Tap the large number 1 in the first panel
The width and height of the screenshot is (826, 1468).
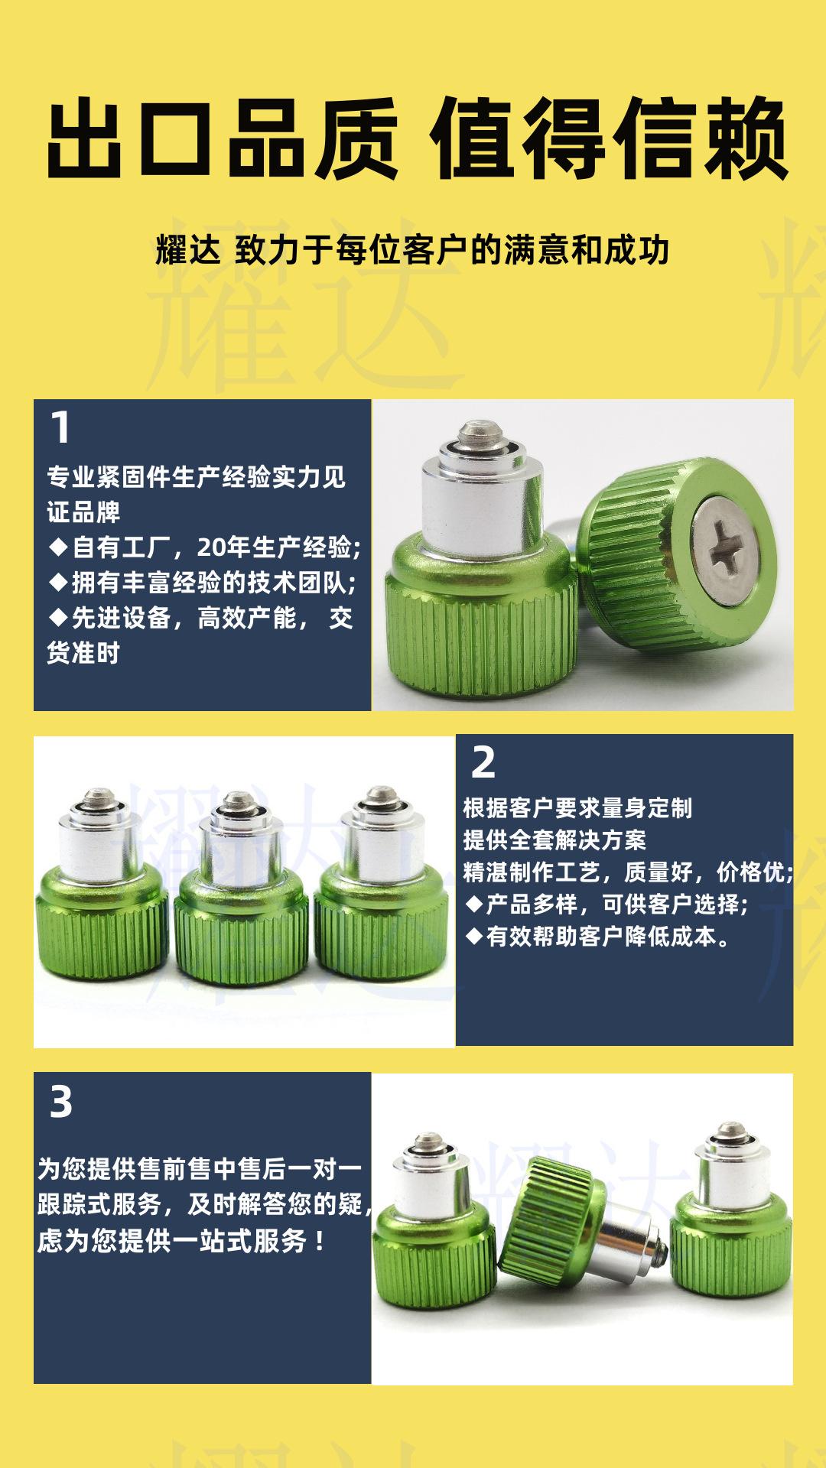pos(60,428)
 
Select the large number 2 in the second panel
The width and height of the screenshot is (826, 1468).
pos(483,763)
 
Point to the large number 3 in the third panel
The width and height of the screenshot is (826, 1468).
pos(61,1103)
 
